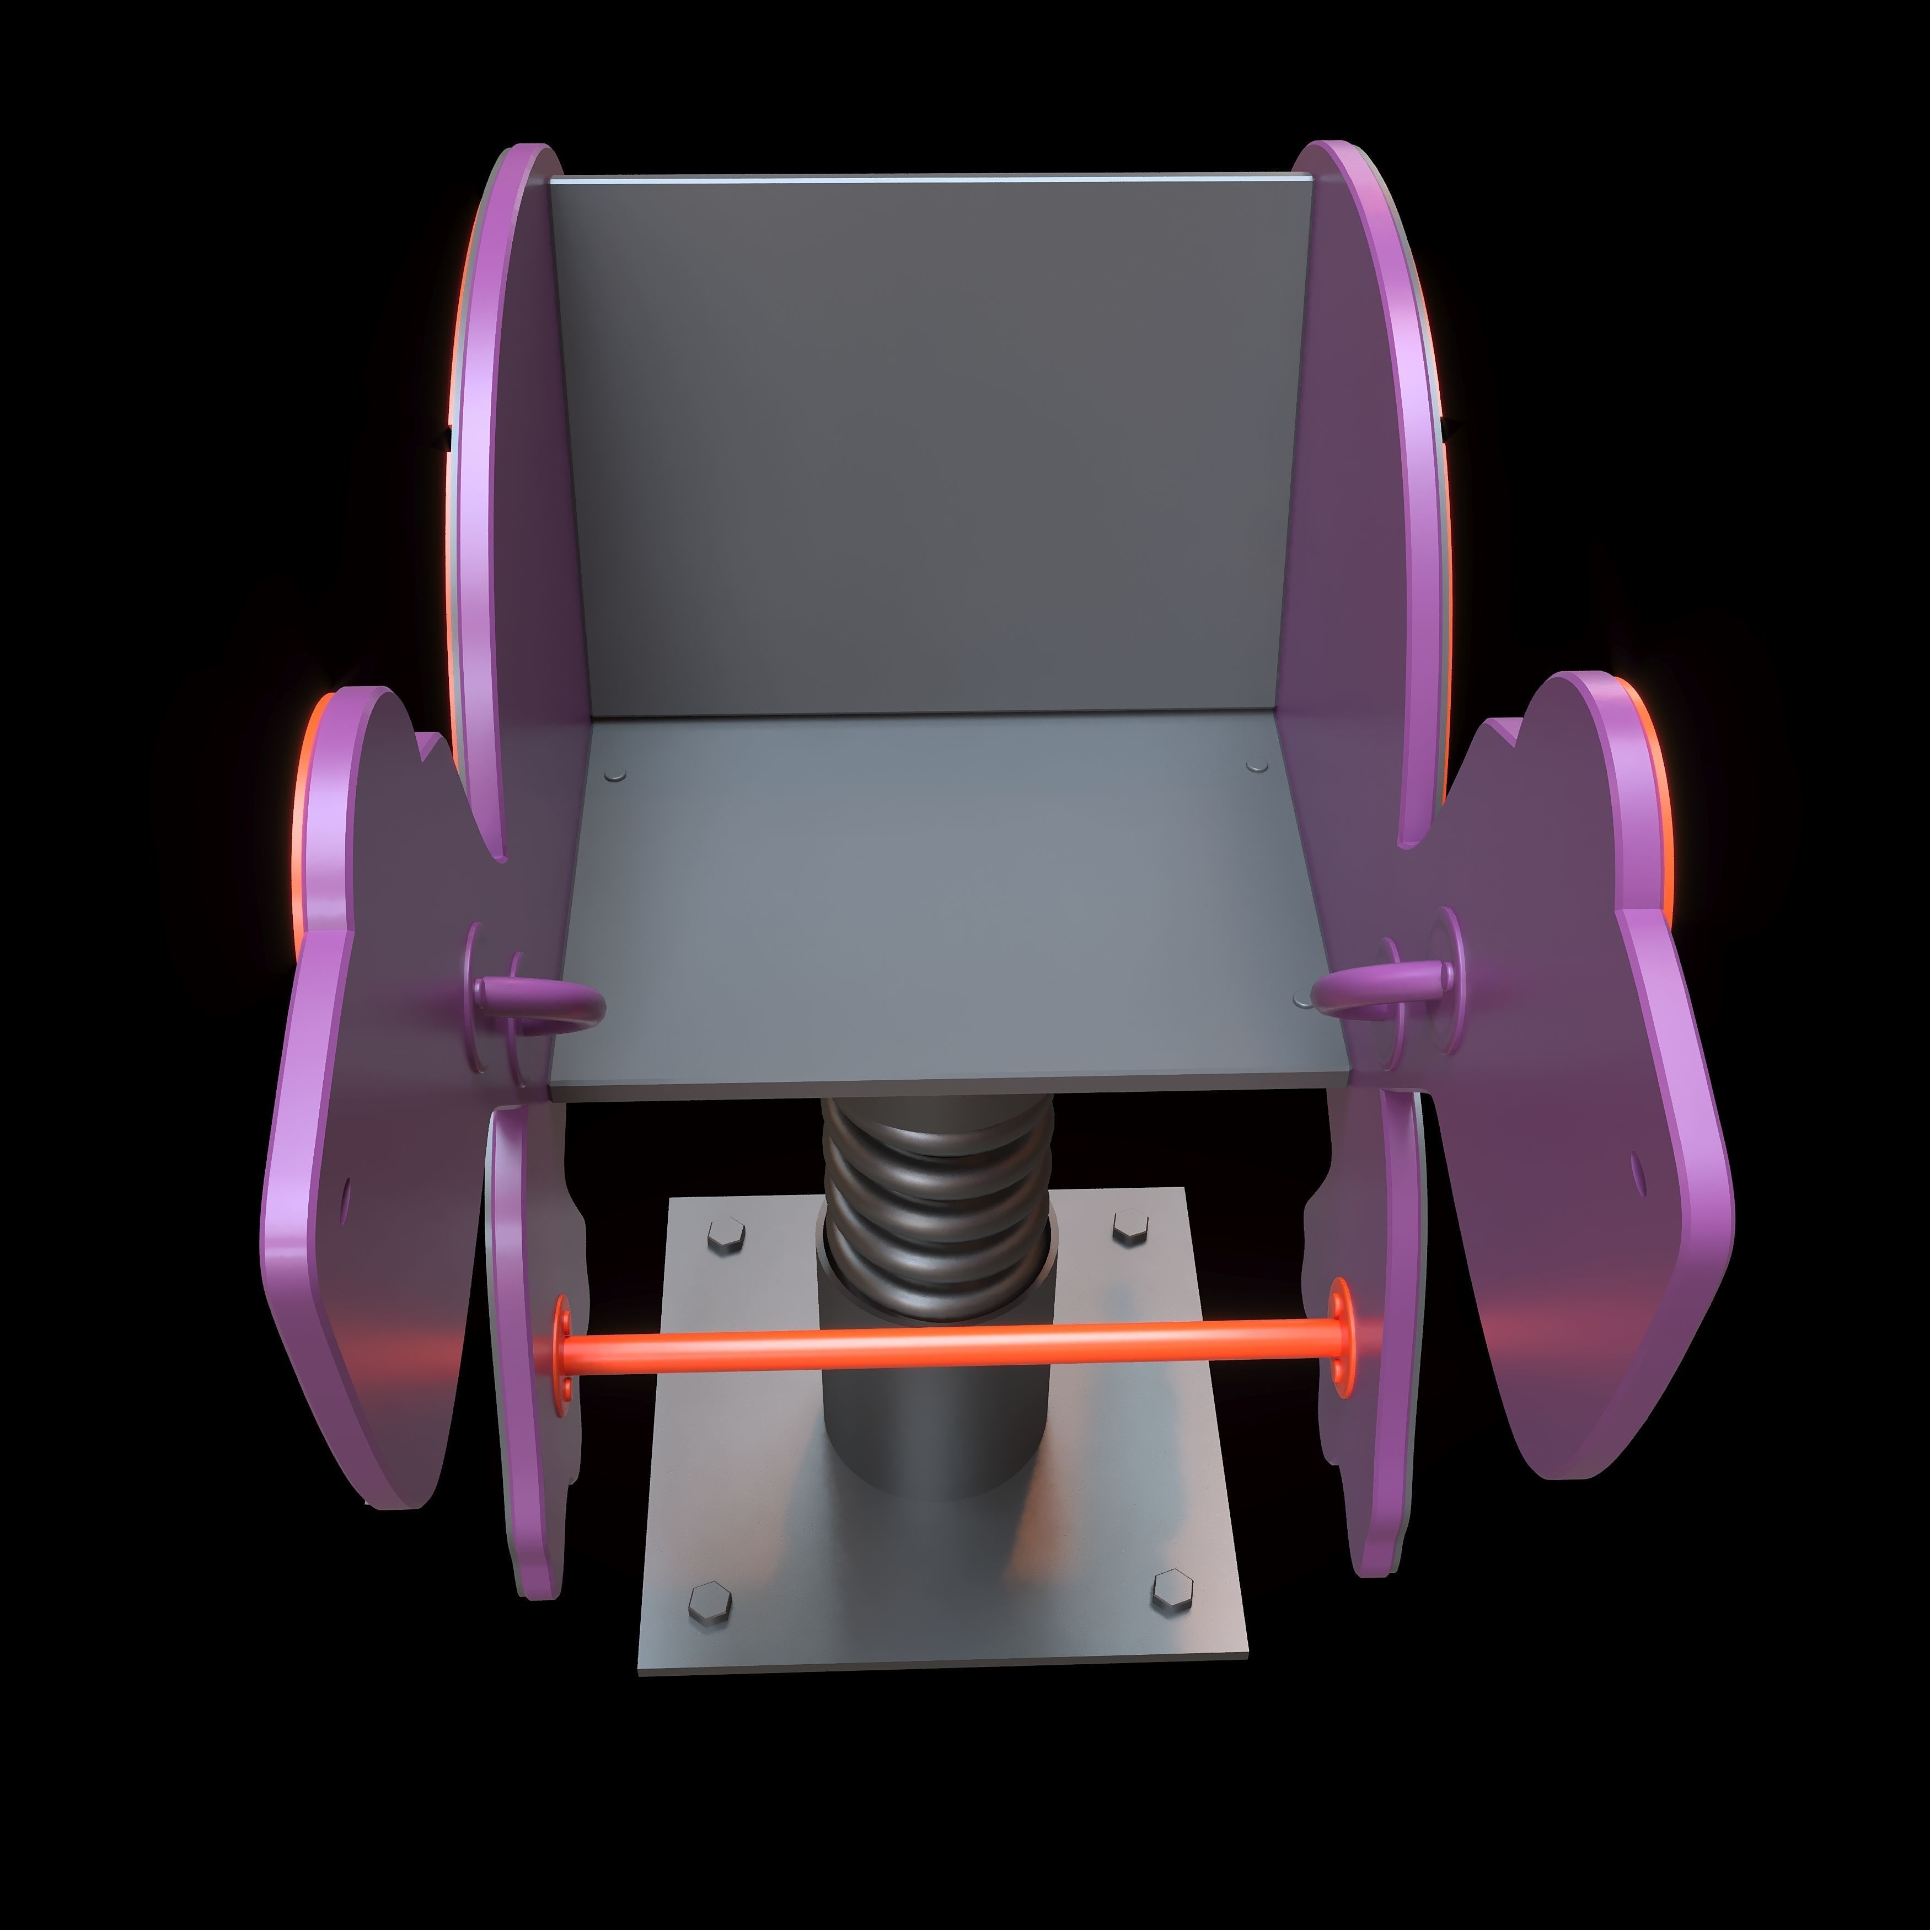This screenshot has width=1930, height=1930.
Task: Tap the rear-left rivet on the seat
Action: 616,774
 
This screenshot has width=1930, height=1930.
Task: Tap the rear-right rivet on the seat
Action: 1258,765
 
